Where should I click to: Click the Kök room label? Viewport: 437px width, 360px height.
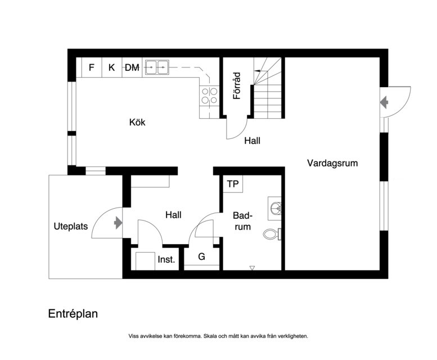(x=137, y=122)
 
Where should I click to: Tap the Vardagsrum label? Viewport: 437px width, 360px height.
(x=332, y=163)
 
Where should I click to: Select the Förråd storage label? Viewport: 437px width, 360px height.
(x=237, y=85)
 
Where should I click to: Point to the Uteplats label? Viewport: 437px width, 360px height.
(x=70, y=226)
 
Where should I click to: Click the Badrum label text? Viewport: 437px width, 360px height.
(x=242, y=221)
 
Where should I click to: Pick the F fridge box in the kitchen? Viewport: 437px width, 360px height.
(x=92, y=67)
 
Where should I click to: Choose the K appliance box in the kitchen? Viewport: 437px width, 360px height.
(x=112, y=67)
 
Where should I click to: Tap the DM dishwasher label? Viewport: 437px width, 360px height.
(x=132, y=67)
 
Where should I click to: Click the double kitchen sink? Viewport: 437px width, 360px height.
(x=157, y=67)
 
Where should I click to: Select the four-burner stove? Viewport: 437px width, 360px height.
(x=209, y=96)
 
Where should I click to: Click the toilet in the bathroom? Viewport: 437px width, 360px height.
(x=272, y=234)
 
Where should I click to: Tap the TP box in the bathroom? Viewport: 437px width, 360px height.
(x=233, y=183)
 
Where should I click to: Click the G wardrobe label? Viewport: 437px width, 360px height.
(x=201, y=256)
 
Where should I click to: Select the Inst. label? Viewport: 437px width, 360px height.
(x=166, y=260)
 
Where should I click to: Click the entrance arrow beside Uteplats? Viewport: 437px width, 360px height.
(x=118, y=223)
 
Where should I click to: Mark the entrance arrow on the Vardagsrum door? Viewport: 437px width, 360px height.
(x=384, y=102)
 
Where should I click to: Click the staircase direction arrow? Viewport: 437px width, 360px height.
(x=261, y=71)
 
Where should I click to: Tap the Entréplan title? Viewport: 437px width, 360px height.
(x=73, y=314)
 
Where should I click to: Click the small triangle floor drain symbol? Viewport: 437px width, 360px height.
(x=252, y=268)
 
